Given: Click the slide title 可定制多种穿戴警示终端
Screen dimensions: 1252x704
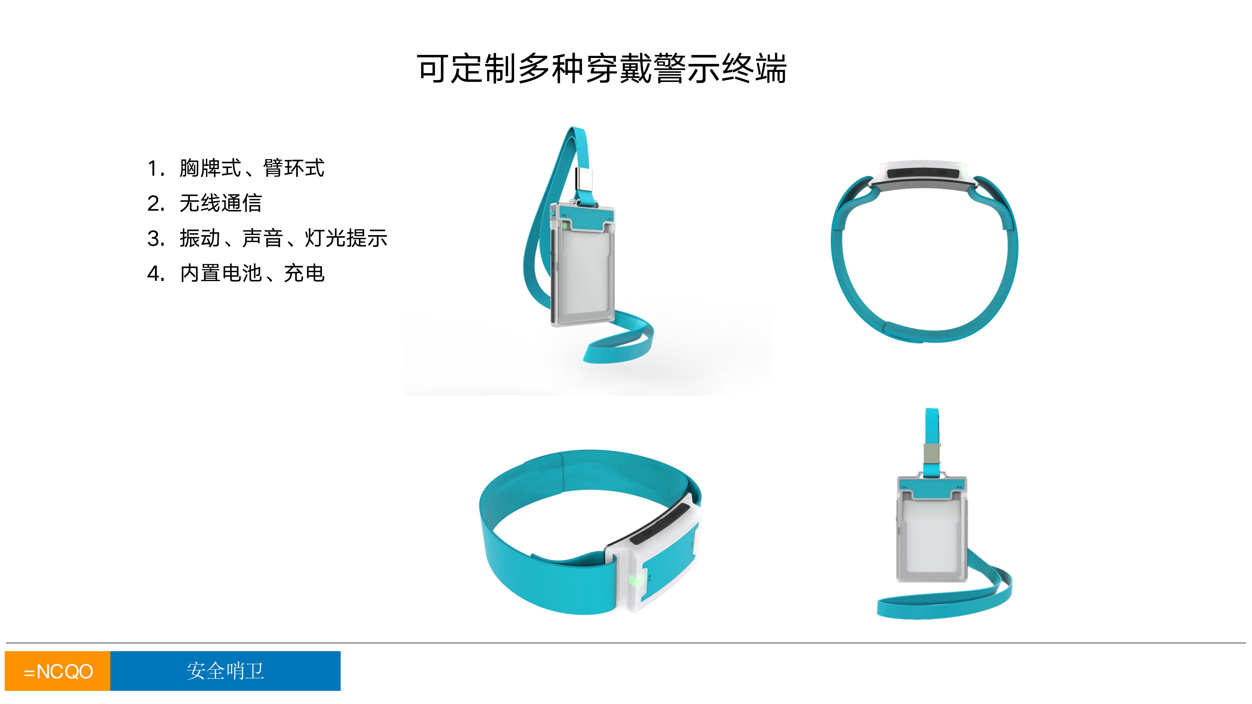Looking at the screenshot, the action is click(602, 69).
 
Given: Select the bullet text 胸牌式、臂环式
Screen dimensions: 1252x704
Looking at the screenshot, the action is click(252, 168).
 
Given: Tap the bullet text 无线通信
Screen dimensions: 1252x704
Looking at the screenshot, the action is click(221, 203).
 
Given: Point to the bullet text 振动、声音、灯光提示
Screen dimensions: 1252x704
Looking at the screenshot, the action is click(283, 238).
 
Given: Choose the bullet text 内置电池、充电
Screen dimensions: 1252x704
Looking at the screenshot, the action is click(252, 273).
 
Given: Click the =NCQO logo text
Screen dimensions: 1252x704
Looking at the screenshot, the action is click(58, 671).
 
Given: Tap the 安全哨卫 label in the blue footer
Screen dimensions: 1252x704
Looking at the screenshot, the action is click(225, 671).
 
